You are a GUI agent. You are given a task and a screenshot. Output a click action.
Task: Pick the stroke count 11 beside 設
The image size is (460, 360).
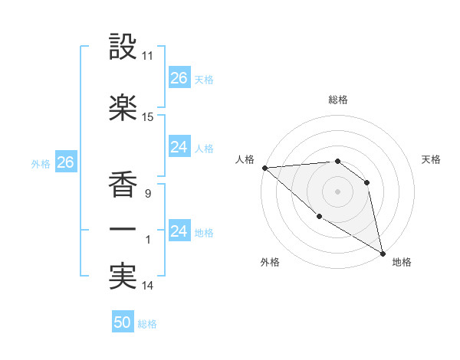click(x=148, y=57)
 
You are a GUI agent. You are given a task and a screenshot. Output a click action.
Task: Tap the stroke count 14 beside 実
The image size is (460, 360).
click(x=148, y=286)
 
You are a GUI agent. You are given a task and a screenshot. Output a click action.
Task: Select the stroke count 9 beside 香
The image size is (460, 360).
click(x=147, y=194)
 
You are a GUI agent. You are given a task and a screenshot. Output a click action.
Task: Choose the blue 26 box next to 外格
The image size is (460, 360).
click(x=65, y=162)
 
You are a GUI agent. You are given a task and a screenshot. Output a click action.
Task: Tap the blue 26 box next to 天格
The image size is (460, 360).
click(x=179, y=78)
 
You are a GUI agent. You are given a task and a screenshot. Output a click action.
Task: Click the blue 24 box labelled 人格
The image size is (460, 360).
click(x=179, y=147)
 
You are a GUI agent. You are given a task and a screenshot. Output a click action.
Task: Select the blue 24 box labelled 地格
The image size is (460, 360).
click(x=179, y=231)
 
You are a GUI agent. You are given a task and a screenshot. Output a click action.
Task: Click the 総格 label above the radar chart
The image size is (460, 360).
click(x=337, y=100)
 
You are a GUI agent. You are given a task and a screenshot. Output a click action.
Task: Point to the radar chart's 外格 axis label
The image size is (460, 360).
click(x=270, y=262)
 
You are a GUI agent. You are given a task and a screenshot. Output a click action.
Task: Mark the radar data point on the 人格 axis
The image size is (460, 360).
click(x=264, y=168)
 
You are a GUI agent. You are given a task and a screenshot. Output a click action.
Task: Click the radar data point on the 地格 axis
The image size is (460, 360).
click(x=383, y=254)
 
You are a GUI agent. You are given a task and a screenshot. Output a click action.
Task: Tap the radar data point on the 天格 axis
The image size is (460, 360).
click(x=367, y=182)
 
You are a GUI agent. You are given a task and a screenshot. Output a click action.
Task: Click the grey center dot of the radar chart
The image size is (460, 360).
click(x=337, y=191)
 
